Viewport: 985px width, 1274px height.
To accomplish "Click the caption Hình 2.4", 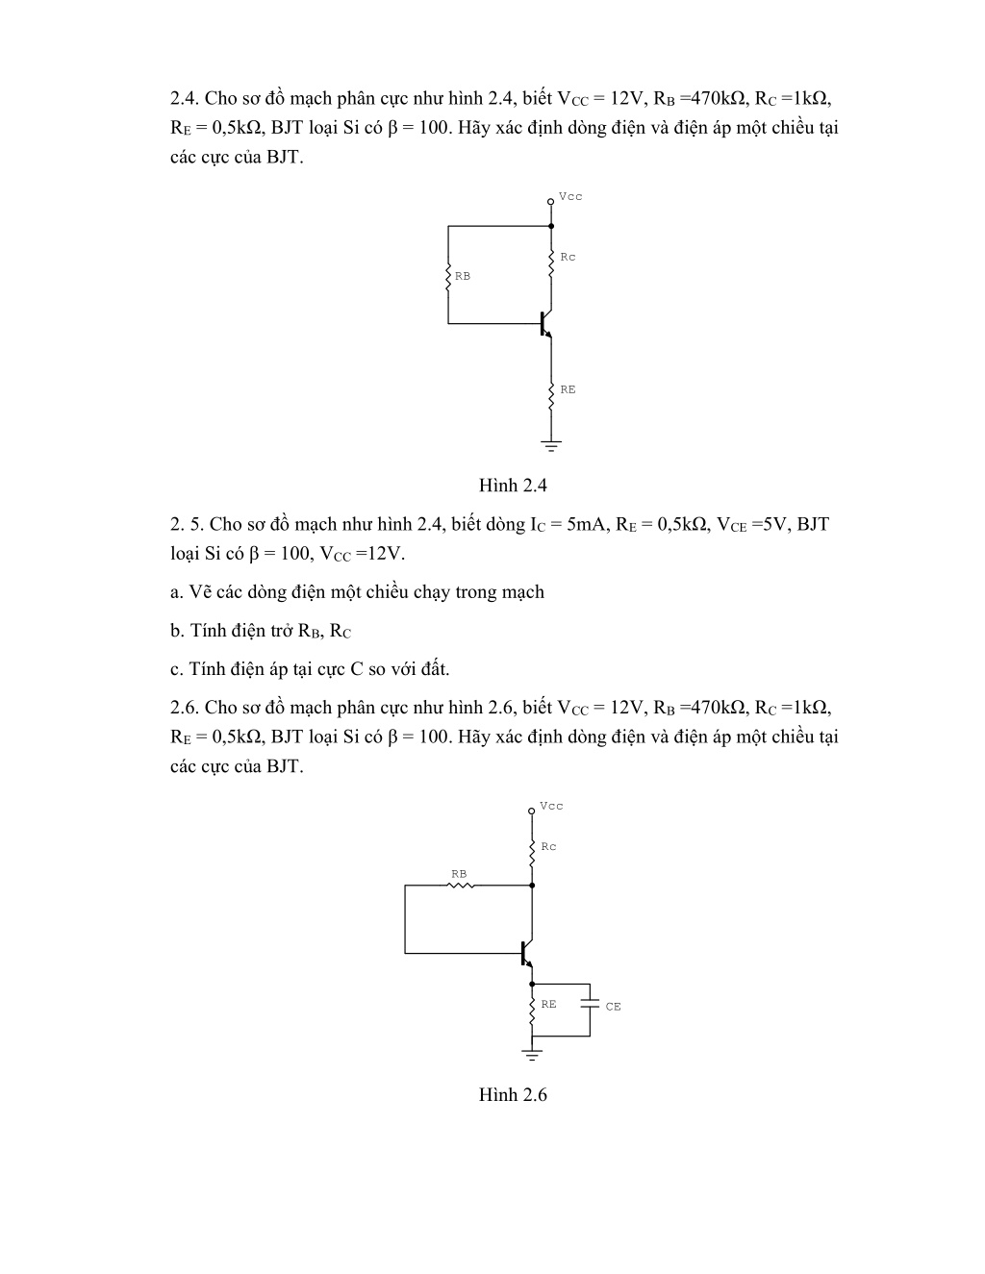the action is tap(513, 486).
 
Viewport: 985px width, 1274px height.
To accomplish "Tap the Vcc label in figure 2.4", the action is tap(570, 196).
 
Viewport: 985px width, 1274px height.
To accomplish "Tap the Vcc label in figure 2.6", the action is tap(551, 806).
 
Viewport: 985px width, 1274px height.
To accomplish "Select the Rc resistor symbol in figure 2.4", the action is tap(551, 263).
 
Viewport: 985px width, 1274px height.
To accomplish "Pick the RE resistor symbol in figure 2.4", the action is tap(551, 397).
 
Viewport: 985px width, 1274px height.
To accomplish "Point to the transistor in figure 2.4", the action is tap(545, 324).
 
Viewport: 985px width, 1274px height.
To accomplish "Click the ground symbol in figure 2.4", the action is tap(551, 447).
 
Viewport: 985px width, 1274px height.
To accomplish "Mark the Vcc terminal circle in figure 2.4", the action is tap(550, 202).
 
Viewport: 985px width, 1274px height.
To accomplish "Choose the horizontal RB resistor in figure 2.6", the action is tap(461, 886).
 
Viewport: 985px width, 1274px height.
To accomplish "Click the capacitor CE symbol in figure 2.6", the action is tap(590, 1005).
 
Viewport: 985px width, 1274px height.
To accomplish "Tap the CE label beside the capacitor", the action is tap(614, 1007).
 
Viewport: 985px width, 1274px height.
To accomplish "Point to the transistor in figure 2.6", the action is tap(526, 953).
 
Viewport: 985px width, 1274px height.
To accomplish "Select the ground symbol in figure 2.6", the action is tap(532, 1056).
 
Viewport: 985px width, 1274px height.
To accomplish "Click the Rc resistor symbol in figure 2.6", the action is tap(532, 853).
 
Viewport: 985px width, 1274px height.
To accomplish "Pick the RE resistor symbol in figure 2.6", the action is tap(532, 1011).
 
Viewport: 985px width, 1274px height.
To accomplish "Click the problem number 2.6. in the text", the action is tap(185, 708).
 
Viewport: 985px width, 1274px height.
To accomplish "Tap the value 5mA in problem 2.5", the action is tap(586, 524).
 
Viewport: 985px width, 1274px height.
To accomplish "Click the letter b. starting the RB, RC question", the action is tap(177, 630).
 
